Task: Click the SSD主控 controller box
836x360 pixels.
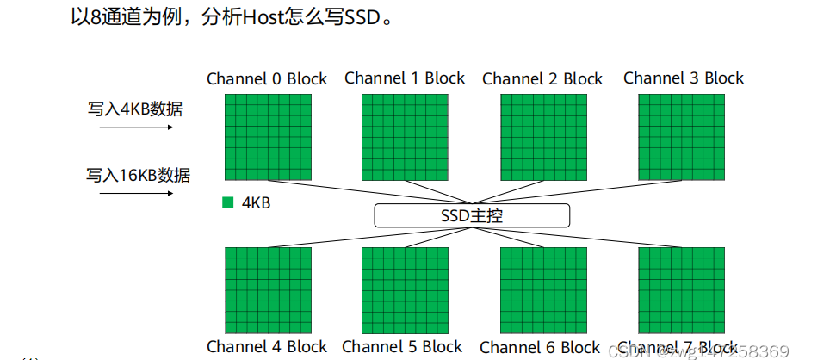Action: click(472, 215)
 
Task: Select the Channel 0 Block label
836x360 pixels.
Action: click(267, 79)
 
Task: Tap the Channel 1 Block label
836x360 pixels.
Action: click(405, 78)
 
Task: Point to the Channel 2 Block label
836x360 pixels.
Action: click(542, 79)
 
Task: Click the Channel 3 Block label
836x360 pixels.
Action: click(684, 78)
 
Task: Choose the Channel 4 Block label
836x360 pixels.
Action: click(267, 347)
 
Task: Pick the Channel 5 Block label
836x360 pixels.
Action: click(402, 347)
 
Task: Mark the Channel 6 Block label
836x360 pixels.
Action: click(540, 348)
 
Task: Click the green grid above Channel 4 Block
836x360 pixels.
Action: click(268, 289)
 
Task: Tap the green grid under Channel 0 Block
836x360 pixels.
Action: click(268, 137)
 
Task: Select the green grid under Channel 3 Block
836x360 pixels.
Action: click(681, 137)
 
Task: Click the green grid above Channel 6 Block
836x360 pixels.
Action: click(543, 289)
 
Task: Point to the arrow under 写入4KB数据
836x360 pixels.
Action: click(137, 127)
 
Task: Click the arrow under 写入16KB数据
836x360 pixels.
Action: click(137, 193)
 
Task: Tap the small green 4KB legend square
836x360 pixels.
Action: click(228, 203)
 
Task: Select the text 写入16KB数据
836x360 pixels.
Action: click(138, 176)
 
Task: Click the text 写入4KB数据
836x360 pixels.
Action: click(134, 109)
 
